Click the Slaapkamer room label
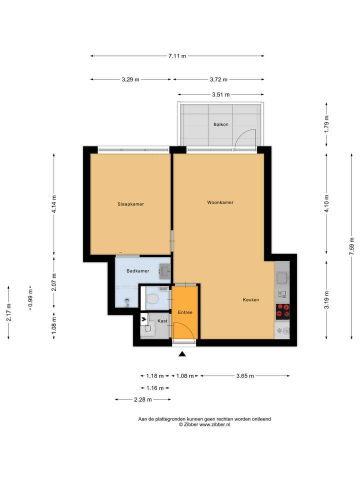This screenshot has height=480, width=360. pyautogui.click(x=130, y=204)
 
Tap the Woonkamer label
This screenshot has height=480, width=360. pyautogui.click(x=220, y=202)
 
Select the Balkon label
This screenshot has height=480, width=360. pyautogui.click(x=220, y=124)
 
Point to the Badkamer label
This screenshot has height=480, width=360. pyautogui.click(x=137, y=271)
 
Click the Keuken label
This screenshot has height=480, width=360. pyautogui.click(x=250, y=300)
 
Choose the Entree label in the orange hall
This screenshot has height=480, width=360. pyautogui.click(x=184, y=312)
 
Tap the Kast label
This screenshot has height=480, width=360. pyautogui.click(x=162, y=320)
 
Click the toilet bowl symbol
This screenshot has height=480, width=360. pyautogui.click(x=152, y=299)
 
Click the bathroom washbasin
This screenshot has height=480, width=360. pyautogui.click(x=165, y=271)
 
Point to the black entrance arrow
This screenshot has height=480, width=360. pyautogui.click(x=182, y=354)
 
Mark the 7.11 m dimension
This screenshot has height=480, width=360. pyautogui.click(x=177, y=56)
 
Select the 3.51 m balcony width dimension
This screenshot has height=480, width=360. pyautogui.click(x=220, y=94)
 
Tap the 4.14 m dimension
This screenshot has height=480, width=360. pyautogui.click(x=54, y=203)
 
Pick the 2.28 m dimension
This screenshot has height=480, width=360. pyautogui.click(x=143, y=399)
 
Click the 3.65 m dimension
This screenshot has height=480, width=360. pyautogui.click(x=244, y=376)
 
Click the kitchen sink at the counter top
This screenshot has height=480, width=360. pyautogui.click(x=282, y=277)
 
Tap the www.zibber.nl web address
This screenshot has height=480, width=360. pyautogui.click(x=214, y=424)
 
